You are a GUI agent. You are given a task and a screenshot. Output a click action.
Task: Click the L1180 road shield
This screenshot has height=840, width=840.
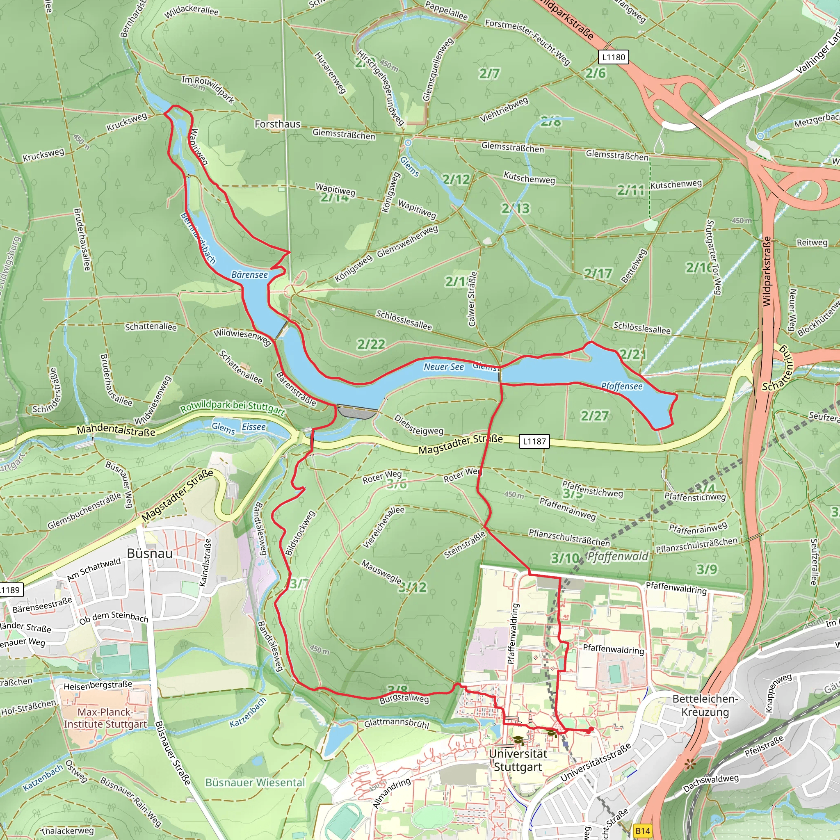[613, 57]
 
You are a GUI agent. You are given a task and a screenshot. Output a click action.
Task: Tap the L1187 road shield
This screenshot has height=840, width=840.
[534, 441]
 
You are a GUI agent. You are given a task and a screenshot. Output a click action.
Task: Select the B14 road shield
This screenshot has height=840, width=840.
[643, 831]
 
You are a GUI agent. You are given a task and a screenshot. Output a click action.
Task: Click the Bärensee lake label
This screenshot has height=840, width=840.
[249, 275]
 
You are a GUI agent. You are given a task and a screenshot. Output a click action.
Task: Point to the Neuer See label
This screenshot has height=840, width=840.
[444, 367]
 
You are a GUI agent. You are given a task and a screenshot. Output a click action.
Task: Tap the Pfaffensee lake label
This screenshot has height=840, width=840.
[622, 386]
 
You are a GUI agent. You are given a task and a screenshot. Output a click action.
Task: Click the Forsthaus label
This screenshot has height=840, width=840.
[277, 124]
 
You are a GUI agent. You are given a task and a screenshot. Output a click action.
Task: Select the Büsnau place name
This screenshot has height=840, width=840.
[150, 553]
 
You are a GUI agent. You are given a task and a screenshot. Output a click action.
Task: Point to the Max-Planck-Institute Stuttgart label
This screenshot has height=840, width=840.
[105, 718]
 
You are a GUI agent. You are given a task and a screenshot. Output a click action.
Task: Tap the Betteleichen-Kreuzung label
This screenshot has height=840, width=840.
[705, 705]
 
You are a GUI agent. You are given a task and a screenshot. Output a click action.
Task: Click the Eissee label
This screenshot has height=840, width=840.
[253, 427]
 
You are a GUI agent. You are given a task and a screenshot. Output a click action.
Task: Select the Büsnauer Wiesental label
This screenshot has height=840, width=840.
[255, 783]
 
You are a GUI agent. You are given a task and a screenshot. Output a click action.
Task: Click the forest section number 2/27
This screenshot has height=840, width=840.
[594, 415]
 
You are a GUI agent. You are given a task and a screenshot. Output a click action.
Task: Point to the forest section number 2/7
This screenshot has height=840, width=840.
[489, 74]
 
